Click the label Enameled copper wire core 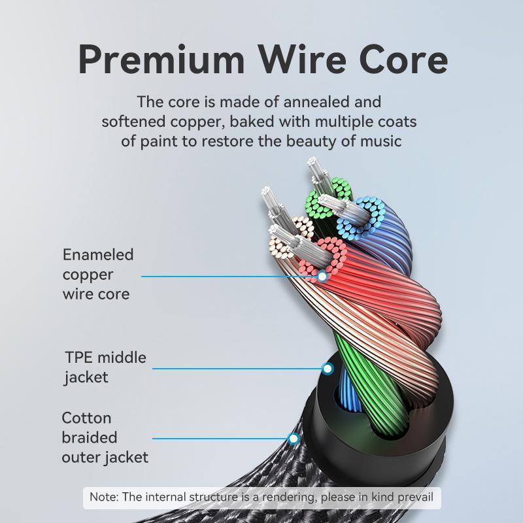coord(97,274)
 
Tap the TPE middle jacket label coord(105,367)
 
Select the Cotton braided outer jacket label coord(105,437)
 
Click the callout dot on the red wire coord(322,276)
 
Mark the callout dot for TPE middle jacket coord(328,369)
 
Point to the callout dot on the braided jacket coord(294,439)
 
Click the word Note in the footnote coord(103,497)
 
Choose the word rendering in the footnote coord(284,497)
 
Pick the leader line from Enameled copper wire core coord(229,276)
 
